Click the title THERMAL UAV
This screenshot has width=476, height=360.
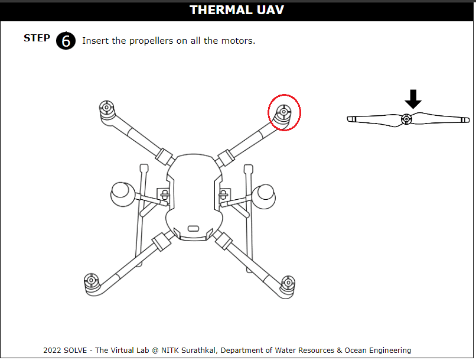point(237,10)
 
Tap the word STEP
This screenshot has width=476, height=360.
point(37,38)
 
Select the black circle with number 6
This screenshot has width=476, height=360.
point(66,41)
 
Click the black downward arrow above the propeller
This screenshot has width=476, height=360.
point(413,99)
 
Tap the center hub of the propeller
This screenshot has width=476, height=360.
point(406,119)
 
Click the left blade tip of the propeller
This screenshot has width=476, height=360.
point(350,119)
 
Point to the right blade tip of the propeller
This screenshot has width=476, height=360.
point(467,120)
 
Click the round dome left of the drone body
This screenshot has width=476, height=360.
point(122,194)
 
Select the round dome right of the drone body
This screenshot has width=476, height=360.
point(264,197)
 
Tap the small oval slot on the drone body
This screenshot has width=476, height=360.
point(193,228)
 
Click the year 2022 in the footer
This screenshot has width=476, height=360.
point(52,351)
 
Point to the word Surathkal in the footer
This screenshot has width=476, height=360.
point(198,351)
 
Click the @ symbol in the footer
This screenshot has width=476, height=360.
point(155,351)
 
